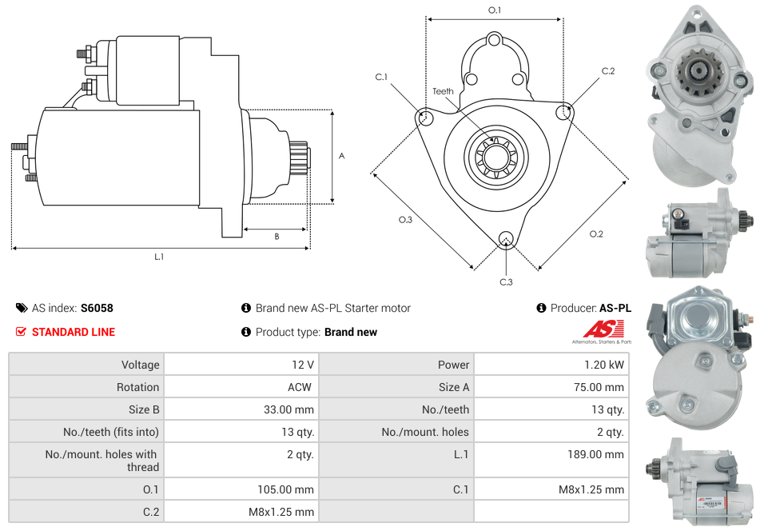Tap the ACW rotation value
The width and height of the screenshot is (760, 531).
(x=302, y=387)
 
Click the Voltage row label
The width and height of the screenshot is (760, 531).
(x=140, y=365)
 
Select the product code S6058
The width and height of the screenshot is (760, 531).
(x=97, y=308)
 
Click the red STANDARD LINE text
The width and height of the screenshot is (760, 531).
(x=74, y=332)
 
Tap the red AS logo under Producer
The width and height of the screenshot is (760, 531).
(x=603, y=329)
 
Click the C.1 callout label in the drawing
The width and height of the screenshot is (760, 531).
(x=381, y=77)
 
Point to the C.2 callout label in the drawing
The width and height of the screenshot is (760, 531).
(x=608, y=71)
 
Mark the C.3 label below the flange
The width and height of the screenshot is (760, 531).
(x=506, y=281)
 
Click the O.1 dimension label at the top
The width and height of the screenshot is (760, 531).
(x=495, y=10)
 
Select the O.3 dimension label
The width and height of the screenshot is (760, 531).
(x=405, y=220)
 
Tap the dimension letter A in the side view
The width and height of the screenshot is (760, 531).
(x=341, y=156)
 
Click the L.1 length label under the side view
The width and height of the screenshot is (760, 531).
(x=159, y=257)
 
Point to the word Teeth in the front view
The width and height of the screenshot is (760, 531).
(x=443, y=91)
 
